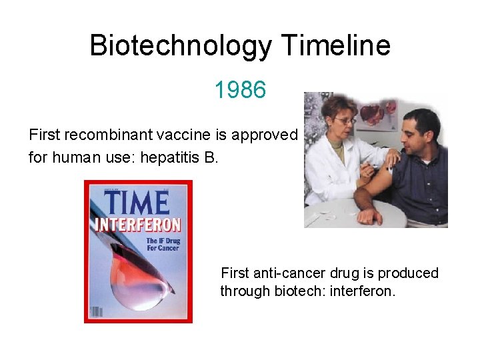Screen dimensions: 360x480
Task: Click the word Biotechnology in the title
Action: (x=181, y=46)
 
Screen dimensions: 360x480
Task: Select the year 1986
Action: (x=240, y=89)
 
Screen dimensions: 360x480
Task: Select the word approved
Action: (x=264, y=135)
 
